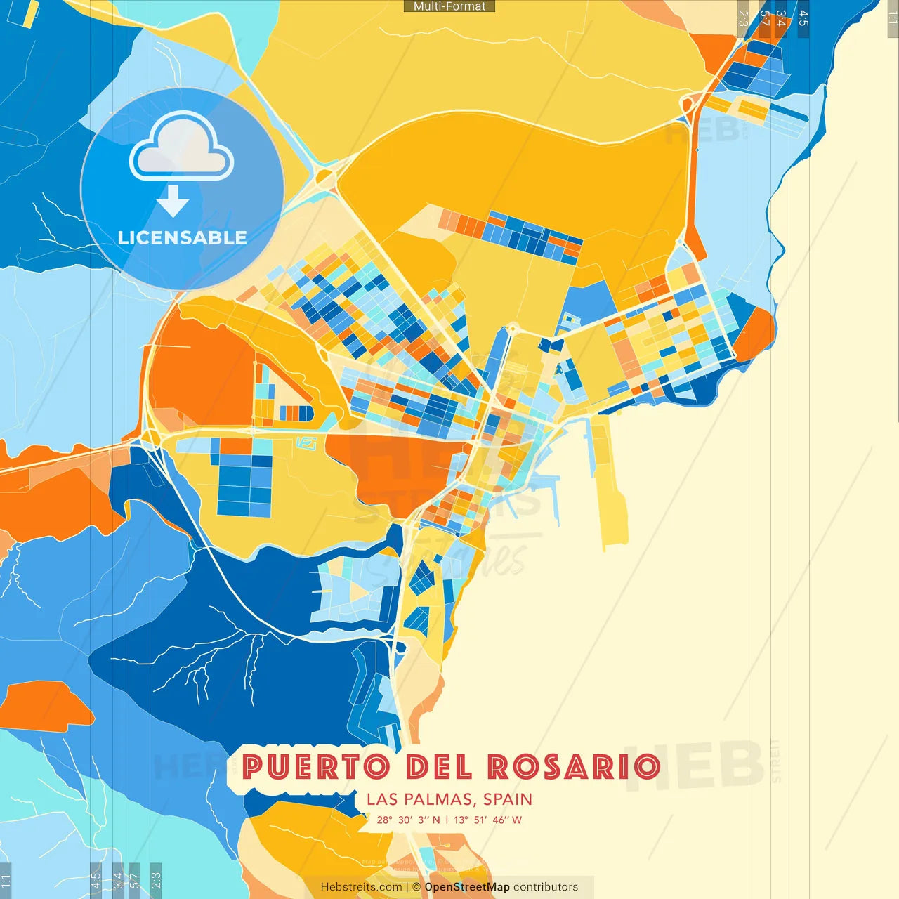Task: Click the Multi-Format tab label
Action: [449, 6]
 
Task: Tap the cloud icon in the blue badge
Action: [181, 149]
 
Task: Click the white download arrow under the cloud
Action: [173, 201]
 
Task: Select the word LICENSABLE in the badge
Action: [183, 238]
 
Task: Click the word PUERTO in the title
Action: [315, 767]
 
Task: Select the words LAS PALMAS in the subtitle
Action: [419, 799]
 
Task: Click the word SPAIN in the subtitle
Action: [508, 799]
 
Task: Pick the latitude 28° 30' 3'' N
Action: [408, 820]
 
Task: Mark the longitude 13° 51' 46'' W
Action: [487, 820]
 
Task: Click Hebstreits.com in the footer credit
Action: [361, 887]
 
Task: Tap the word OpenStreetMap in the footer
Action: [467, 887]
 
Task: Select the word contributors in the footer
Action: [546, 887]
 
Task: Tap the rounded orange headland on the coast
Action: [758, 334]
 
